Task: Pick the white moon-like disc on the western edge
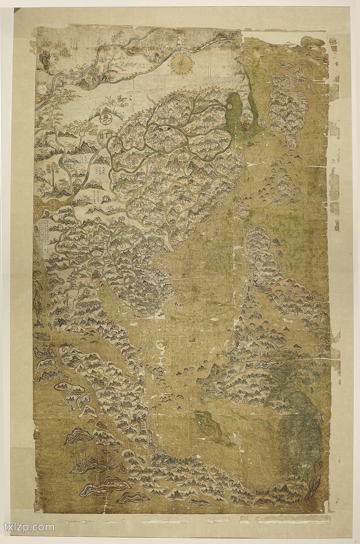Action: [43, 90]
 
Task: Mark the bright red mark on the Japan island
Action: [284, 127]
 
